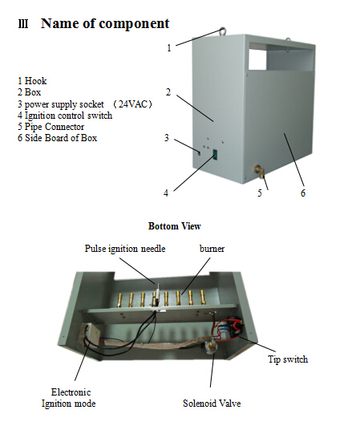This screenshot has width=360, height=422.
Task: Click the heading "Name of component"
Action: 105,23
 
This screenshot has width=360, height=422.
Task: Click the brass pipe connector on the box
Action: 259,171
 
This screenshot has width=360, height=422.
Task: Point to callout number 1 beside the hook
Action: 169,48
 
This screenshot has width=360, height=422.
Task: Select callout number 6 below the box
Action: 303,193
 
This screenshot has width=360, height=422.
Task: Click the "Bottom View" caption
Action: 174,226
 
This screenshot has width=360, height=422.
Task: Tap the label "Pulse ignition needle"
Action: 125,249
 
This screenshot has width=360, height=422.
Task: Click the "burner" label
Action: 212,249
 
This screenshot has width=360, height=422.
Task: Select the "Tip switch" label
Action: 288,359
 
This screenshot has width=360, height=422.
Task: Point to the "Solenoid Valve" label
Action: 212,404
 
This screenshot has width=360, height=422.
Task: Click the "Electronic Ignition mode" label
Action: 69,398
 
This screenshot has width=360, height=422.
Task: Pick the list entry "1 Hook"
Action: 32,81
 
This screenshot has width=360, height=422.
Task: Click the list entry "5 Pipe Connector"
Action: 51,127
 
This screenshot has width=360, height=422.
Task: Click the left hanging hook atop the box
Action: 223,30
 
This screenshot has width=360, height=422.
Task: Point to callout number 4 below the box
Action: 166,193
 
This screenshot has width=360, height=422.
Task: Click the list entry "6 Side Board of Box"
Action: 57,138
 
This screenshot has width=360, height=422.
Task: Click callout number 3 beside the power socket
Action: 167,138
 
